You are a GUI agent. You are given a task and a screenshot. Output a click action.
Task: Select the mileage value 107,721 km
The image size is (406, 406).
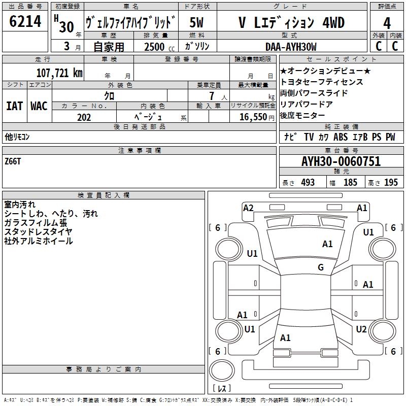59,73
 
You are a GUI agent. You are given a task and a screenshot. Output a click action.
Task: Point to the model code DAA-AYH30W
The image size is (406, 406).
291,47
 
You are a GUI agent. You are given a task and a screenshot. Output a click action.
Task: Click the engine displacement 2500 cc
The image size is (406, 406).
158,47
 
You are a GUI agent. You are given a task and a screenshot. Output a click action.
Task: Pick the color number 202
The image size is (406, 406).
84,117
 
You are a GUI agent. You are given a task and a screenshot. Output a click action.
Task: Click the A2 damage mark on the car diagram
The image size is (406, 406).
248,208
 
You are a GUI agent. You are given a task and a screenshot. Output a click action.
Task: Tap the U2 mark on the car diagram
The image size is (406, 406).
361,329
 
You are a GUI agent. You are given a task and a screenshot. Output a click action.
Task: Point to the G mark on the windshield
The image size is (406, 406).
321,267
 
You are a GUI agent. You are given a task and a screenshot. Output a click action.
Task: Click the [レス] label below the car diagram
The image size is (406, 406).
221,389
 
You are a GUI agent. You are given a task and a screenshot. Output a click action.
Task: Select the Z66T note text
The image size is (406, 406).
13,161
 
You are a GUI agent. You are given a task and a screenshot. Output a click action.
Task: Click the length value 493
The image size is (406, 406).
308,183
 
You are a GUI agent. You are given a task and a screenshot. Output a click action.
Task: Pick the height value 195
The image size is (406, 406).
391,183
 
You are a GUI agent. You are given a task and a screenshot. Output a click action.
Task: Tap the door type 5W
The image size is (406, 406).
197,23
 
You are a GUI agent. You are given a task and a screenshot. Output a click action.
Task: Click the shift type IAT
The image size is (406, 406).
14,106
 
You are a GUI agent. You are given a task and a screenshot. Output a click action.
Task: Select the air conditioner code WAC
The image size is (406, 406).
39,106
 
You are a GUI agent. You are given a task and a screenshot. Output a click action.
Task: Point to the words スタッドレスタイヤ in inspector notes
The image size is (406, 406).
38,232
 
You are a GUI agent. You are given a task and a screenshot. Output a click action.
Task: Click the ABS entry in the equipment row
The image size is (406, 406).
341,137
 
